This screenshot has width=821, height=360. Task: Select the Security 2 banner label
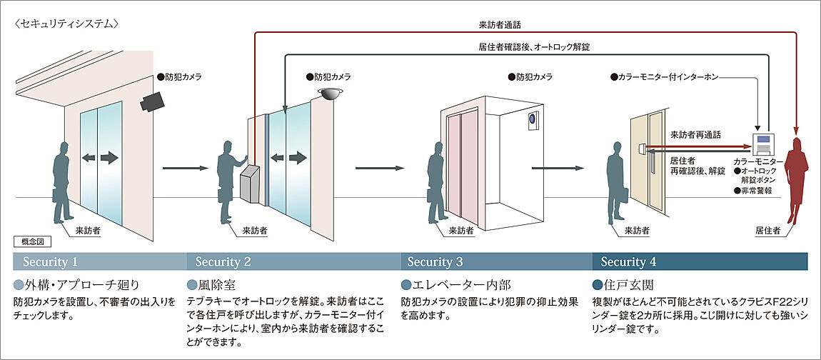point(223,261)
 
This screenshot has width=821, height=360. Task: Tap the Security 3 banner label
point(435,261)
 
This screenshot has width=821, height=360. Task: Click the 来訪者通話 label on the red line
point(499,25)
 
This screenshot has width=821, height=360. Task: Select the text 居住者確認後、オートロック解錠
point(534,46)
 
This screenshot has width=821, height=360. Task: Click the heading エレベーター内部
point(459,284)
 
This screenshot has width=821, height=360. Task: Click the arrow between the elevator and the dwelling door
point(555,169)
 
